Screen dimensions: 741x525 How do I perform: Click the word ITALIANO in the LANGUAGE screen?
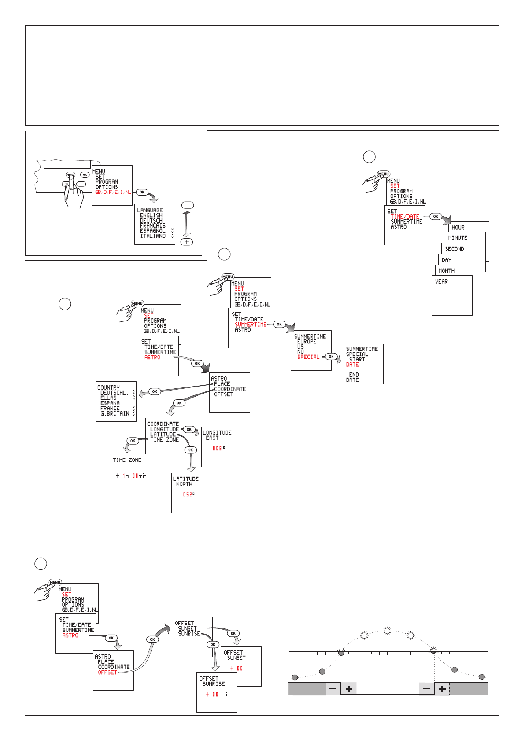pos(153,236)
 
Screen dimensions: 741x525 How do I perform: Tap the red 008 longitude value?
pos(217,448)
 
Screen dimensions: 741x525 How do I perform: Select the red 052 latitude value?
pos(188,494)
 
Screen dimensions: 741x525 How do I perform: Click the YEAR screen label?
pos(441,281)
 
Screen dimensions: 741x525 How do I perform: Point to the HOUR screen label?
pos(458,227)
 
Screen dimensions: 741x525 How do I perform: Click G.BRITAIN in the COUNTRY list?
pos(115,413)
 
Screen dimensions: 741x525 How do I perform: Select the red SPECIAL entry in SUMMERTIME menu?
pos(308,357)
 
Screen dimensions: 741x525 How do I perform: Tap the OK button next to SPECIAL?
pos(331,357)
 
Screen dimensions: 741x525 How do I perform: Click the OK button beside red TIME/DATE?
pos(436,216)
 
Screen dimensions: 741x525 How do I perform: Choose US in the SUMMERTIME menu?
pos(300,347)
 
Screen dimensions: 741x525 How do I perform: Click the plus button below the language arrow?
pos(187,242)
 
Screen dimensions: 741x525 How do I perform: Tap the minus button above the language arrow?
pos(187,205)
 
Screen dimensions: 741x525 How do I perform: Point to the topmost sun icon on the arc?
pos(387,631)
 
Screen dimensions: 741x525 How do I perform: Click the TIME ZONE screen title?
pos(127,460)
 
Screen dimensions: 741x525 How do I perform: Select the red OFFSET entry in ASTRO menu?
pos(107,672)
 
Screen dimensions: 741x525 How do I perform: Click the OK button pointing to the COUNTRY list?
pos(155,391)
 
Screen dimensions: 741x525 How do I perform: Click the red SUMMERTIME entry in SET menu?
pos(251,325)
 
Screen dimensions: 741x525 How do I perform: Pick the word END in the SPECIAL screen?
pos(354,375)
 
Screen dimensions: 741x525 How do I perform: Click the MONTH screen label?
pos(446,271)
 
